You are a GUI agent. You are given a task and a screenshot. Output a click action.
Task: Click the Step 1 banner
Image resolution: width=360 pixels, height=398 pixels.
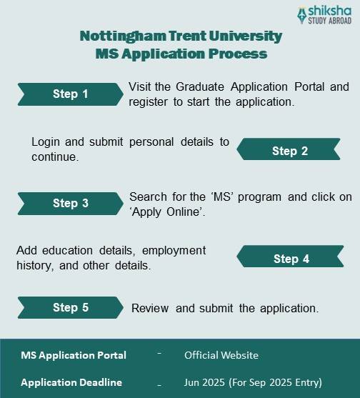[x=70, y=94]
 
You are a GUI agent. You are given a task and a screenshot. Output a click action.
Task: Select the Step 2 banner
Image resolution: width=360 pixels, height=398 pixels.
[x=289, y=151]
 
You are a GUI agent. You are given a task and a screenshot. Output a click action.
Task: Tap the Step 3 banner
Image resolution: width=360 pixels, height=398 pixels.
[x=70, y=203]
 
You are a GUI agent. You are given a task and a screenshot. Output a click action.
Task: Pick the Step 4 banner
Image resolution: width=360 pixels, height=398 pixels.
[x=291, y=259]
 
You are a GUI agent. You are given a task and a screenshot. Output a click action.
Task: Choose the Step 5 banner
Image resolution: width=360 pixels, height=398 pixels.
[x=70, y=307]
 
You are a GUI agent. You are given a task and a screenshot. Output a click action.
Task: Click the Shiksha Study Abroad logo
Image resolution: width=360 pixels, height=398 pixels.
[x=324, y=15]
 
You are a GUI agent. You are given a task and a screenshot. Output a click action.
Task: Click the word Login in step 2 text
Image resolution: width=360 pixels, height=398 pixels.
[x=46, y=141]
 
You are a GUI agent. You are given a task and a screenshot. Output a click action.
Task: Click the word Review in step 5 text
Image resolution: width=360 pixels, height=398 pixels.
[x=150, y=308]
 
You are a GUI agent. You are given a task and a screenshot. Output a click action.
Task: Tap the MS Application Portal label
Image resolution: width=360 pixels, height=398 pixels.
[x=74, y=355]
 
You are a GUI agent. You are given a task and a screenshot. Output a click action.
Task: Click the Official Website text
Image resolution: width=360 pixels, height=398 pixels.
[x=221, y=355]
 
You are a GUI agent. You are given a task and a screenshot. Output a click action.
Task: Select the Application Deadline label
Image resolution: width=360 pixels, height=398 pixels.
[x=71, y=382]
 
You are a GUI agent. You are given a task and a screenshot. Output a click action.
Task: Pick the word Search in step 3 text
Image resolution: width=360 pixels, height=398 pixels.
[x=149, y=196]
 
